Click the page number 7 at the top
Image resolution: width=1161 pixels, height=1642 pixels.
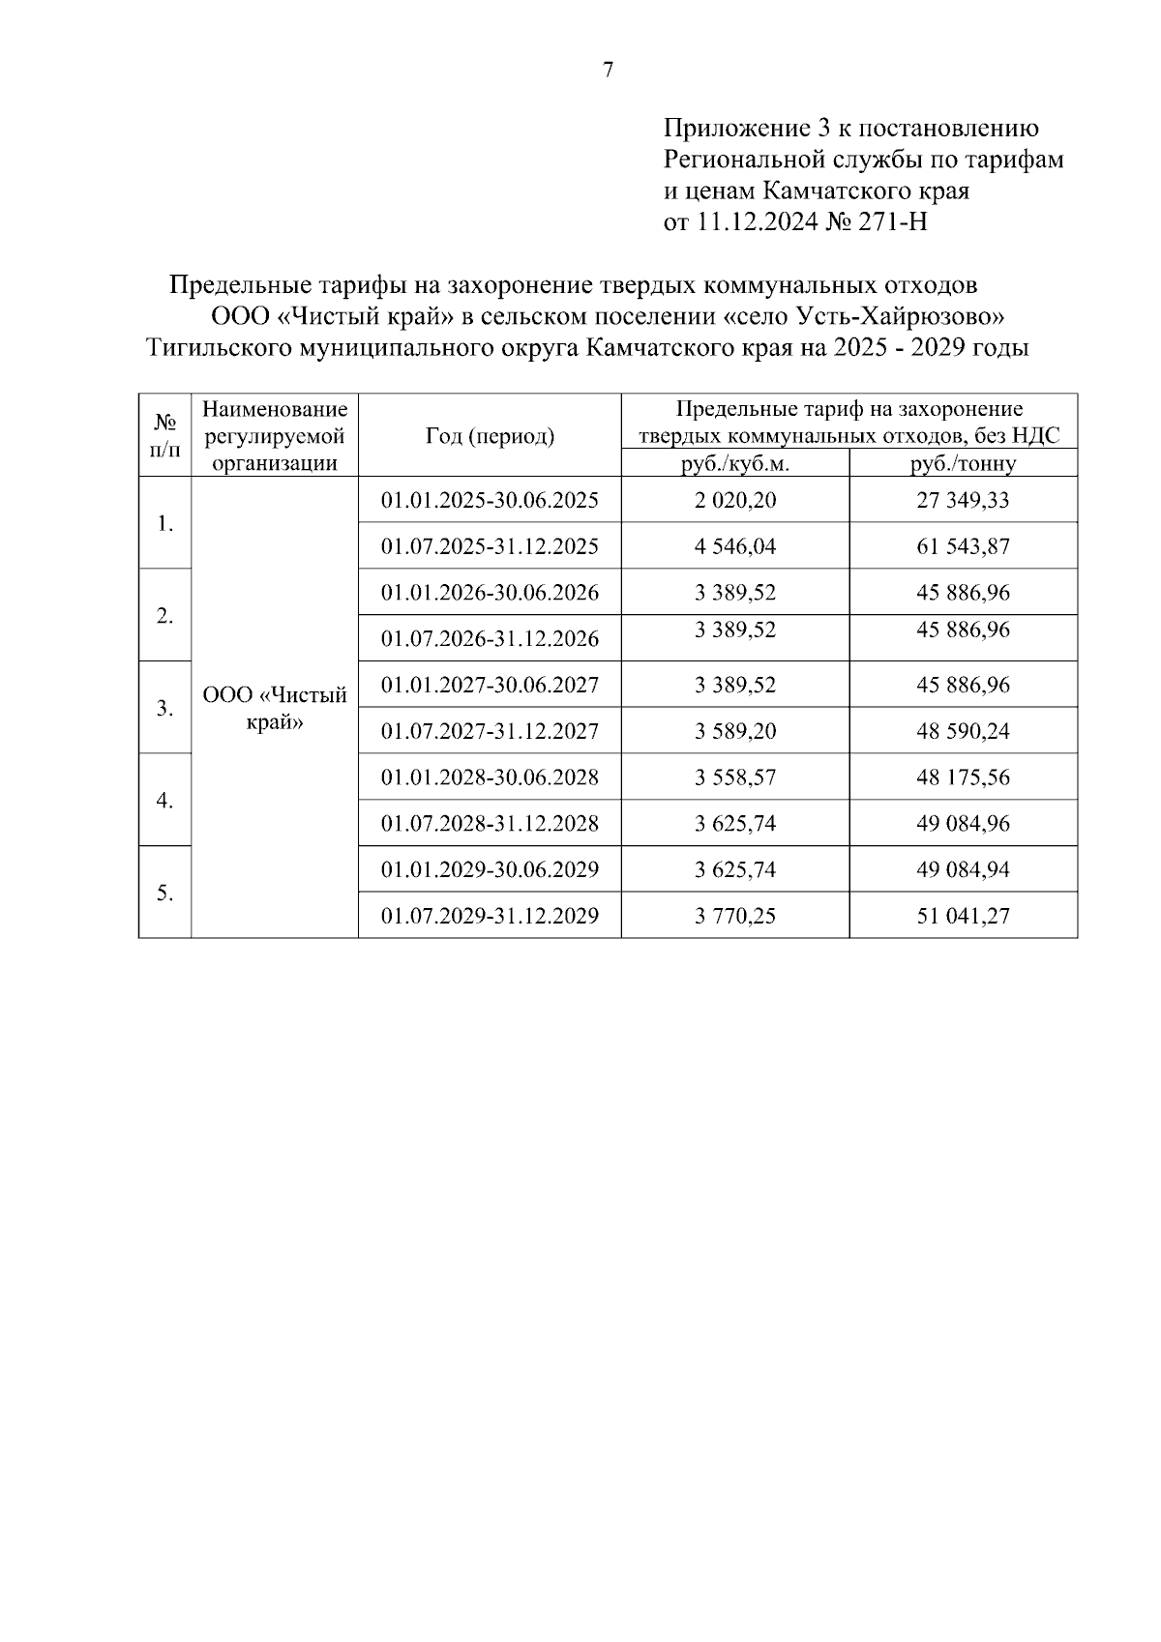[609, 70]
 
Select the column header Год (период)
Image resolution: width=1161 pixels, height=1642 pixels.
[490, 436]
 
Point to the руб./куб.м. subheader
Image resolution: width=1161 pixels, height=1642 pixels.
[735, 464]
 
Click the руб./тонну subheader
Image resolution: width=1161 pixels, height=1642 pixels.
[963, 464]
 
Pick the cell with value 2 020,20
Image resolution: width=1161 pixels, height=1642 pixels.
[735, 500]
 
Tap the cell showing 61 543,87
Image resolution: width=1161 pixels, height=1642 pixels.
[963, 546]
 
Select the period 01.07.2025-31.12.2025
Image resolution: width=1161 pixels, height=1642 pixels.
[490, 546]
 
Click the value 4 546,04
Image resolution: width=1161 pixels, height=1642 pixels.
[735, 546]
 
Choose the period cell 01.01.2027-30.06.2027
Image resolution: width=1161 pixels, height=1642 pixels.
[490, 685]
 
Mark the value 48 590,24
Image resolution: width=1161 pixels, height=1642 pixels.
[963, 731]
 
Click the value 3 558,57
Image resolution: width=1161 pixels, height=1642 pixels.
[735, 777]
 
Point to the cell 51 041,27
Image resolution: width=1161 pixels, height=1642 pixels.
[963, 916]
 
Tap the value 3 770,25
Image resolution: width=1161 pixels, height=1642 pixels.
[735, 916]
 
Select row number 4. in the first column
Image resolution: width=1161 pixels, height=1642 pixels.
[165, 801]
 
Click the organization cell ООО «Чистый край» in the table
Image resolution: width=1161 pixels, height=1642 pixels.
[275, 709]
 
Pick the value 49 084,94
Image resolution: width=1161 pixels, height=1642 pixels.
[963, 869]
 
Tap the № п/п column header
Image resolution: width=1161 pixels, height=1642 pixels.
[165, 436]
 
